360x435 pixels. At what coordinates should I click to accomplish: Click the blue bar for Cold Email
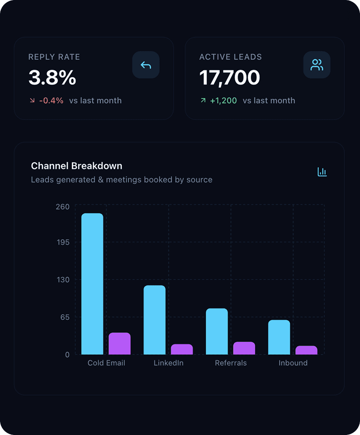point(92,284)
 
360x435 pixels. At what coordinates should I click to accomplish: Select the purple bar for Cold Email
point(120,344)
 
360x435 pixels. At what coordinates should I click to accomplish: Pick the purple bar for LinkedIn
point(182,349)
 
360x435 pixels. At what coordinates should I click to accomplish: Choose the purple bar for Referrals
point(244,348)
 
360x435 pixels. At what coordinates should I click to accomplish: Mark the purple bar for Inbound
point(306,350)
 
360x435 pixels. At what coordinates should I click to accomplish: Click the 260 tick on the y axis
point(63,207)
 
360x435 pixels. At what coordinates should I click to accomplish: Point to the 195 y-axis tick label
point(63,242)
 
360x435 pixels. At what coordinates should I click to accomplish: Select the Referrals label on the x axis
point(231,363)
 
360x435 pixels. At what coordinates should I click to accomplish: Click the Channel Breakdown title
point(77,166)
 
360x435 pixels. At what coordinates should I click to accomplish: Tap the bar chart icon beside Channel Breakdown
point(322,172)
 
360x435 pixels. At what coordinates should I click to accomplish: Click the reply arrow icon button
point(146,65)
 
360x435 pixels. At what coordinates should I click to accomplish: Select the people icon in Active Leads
point(317,65)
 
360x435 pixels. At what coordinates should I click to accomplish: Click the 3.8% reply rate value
point(52,78)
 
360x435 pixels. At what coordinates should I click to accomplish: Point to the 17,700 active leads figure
point(230,78)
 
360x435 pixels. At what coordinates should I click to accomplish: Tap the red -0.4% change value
point(51,101)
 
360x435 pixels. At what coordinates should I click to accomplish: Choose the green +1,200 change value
point(223,101)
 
